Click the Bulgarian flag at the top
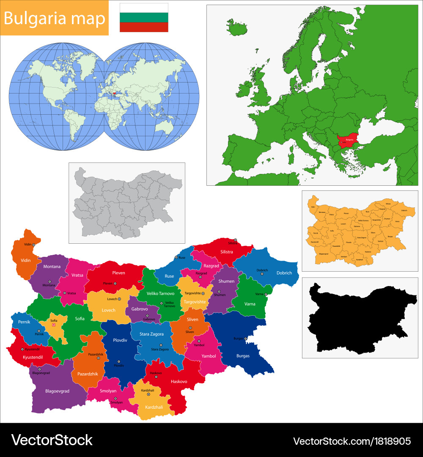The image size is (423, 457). [x=144, y=17]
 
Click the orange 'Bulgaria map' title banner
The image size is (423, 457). [x=55, y=18]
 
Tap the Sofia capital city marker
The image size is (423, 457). [x=53, y=325]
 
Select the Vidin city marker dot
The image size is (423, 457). [x=33, y=245]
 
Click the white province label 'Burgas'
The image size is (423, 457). [x=243, y=356]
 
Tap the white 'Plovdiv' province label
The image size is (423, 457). [x=120, y=340]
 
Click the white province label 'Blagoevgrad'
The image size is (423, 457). [x=57, y=391]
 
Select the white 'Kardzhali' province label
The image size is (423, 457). [x=154, y=407]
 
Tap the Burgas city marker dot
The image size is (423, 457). [x=246, y=339]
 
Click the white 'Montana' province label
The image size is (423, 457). [x=52, y=267]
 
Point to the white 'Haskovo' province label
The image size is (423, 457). [x=179, y=381]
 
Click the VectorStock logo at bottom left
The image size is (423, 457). [x=52, y=440]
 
